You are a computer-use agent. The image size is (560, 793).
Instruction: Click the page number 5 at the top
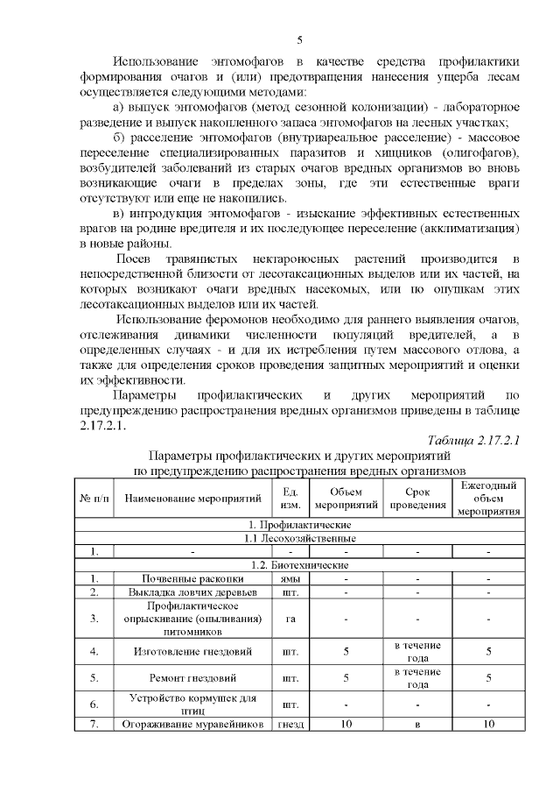pos(299,39)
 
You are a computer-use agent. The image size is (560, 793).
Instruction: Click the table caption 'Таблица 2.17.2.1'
pos(473,440)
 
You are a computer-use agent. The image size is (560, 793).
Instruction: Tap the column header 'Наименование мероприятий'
pos(194,499)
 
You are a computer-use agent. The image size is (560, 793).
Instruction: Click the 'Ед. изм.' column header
pos(290,499)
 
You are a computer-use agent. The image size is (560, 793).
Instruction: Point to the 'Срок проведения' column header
pos(417,499)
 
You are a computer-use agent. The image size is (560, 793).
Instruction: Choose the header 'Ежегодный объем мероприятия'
pos(489,499)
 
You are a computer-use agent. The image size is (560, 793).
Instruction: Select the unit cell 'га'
pos(290,618)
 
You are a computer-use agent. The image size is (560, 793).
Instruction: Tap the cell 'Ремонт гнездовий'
pos(194,677)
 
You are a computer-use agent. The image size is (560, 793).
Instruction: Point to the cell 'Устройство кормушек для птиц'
pos(194,704)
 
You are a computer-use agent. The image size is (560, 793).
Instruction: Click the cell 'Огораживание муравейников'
pos(194,724)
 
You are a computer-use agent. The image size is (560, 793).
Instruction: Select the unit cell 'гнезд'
pos(290,724)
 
